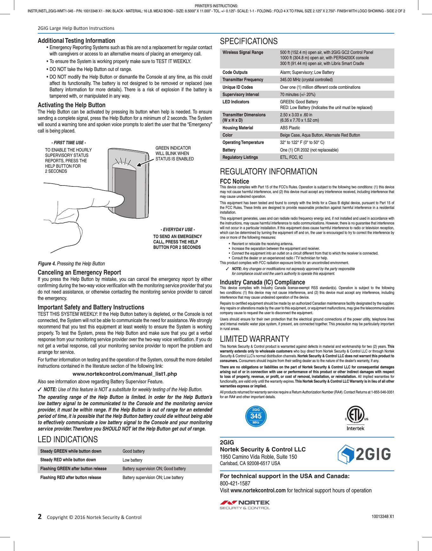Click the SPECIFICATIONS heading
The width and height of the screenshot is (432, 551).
(248, 41)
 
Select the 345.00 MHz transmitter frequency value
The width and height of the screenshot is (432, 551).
(306, 80)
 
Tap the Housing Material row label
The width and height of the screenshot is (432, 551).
(238, 128)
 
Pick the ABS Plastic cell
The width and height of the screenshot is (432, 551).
(290, 128)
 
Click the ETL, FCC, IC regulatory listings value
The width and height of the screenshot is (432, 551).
(291, 157)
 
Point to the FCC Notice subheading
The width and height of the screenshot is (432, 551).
(234, 181)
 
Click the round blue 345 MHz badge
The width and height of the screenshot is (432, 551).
(256, 416)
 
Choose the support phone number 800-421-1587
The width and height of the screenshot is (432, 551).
(235, 483)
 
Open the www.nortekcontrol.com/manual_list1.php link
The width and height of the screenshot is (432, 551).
(125, 374)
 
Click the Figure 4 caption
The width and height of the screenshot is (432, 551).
(71, 263)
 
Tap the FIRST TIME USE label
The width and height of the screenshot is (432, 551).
(68, 143)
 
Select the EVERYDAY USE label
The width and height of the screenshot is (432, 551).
(177, 230)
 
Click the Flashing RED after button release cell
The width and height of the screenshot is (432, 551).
(71, 477)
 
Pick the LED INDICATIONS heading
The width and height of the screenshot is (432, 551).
(68, 439)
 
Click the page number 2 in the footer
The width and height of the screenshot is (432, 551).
(40, 516)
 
